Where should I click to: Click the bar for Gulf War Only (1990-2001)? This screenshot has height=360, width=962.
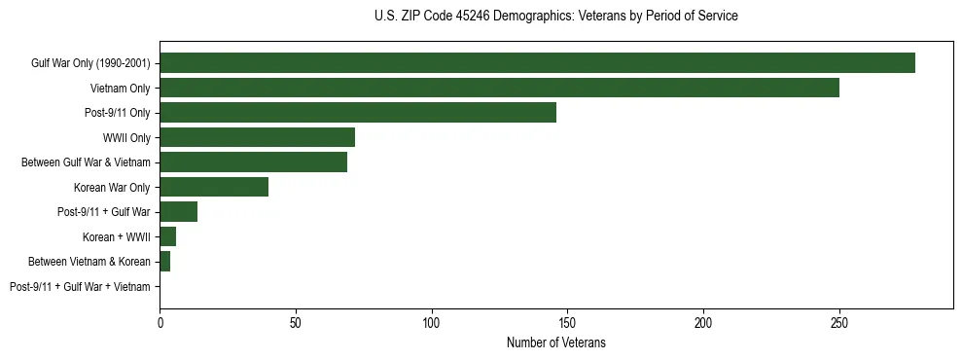pos(537,63)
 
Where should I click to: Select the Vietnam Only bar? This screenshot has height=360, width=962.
pos(499,88)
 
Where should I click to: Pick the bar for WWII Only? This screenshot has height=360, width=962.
pos(257,137)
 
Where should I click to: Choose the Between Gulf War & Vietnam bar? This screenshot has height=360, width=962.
pos(253,162)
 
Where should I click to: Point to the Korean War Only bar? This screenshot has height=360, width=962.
pos(214,187)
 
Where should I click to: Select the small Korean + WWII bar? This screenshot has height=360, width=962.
pos(167,236)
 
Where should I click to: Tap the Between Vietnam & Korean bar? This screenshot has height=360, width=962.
pos(164,262)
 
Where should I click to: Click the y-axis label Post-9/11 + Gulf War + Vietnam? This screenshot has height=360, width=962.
pos(80,287)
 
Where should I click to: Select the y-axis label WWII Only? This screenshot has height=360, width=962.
pos(126,138)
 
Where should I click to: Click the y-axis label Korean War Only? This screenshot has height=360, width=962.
pos(112,188)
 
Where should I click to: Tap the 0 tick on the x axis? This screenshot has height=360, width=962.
pos(160,320)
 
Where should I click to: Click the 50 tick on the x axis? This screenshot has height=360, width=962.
pos(296,320)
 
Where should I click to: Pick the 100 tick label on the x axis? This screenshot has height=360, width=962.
pos(432,320)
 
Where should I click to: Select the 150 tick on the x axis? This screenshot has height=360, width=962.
pos(567,320)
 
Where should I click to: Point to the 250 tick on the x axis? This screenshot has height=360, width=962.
pos(839,320)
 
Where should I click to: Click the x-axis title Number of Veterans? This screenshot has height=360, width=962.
pos(555,342)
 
